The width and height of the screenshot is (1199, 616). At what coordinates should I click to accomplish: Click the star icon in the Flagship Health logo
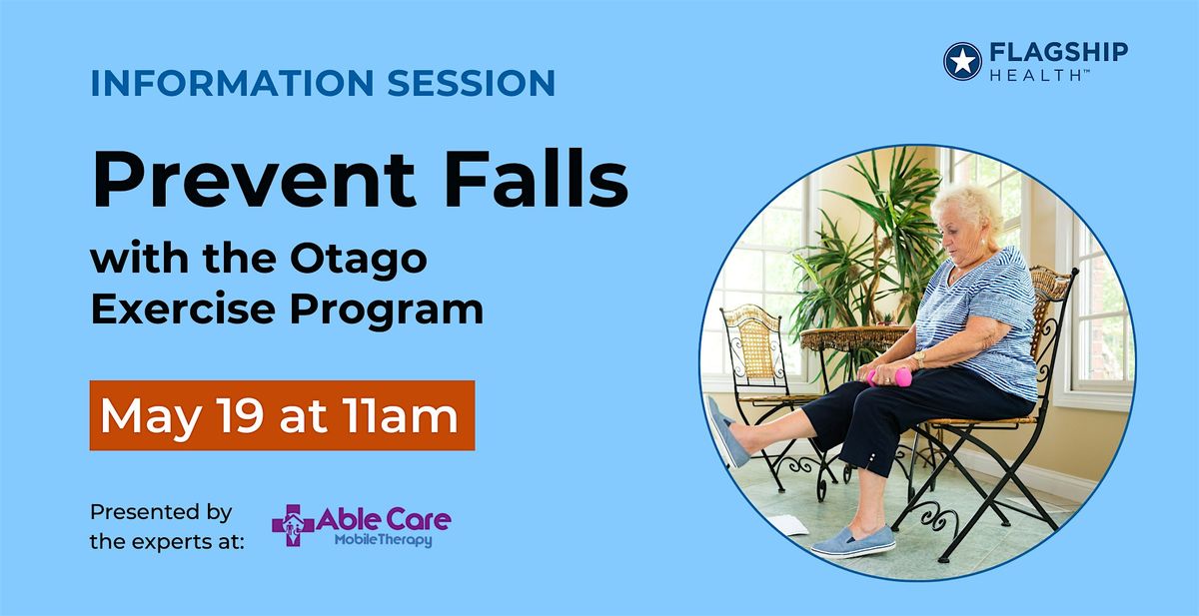click(963, 60)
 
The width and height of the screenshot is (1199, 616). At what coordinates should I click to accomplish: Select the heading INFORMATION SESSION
click(322, 83)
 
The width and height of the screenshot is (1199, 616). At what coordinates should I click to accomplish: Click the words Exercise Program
click(287, 309)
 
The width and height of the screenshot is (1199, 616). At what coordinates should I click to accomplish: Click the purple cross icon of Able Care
click(292, 525)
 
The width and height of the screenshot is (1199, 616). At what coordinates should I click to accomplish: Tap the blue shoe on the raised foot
click(726, 430)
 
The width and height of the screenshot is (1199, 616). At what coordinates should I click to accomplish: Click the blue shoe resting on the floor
click(849, 540)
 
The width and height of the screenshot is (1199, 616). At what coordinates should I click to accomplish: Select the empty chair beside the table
click(760, 379)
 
